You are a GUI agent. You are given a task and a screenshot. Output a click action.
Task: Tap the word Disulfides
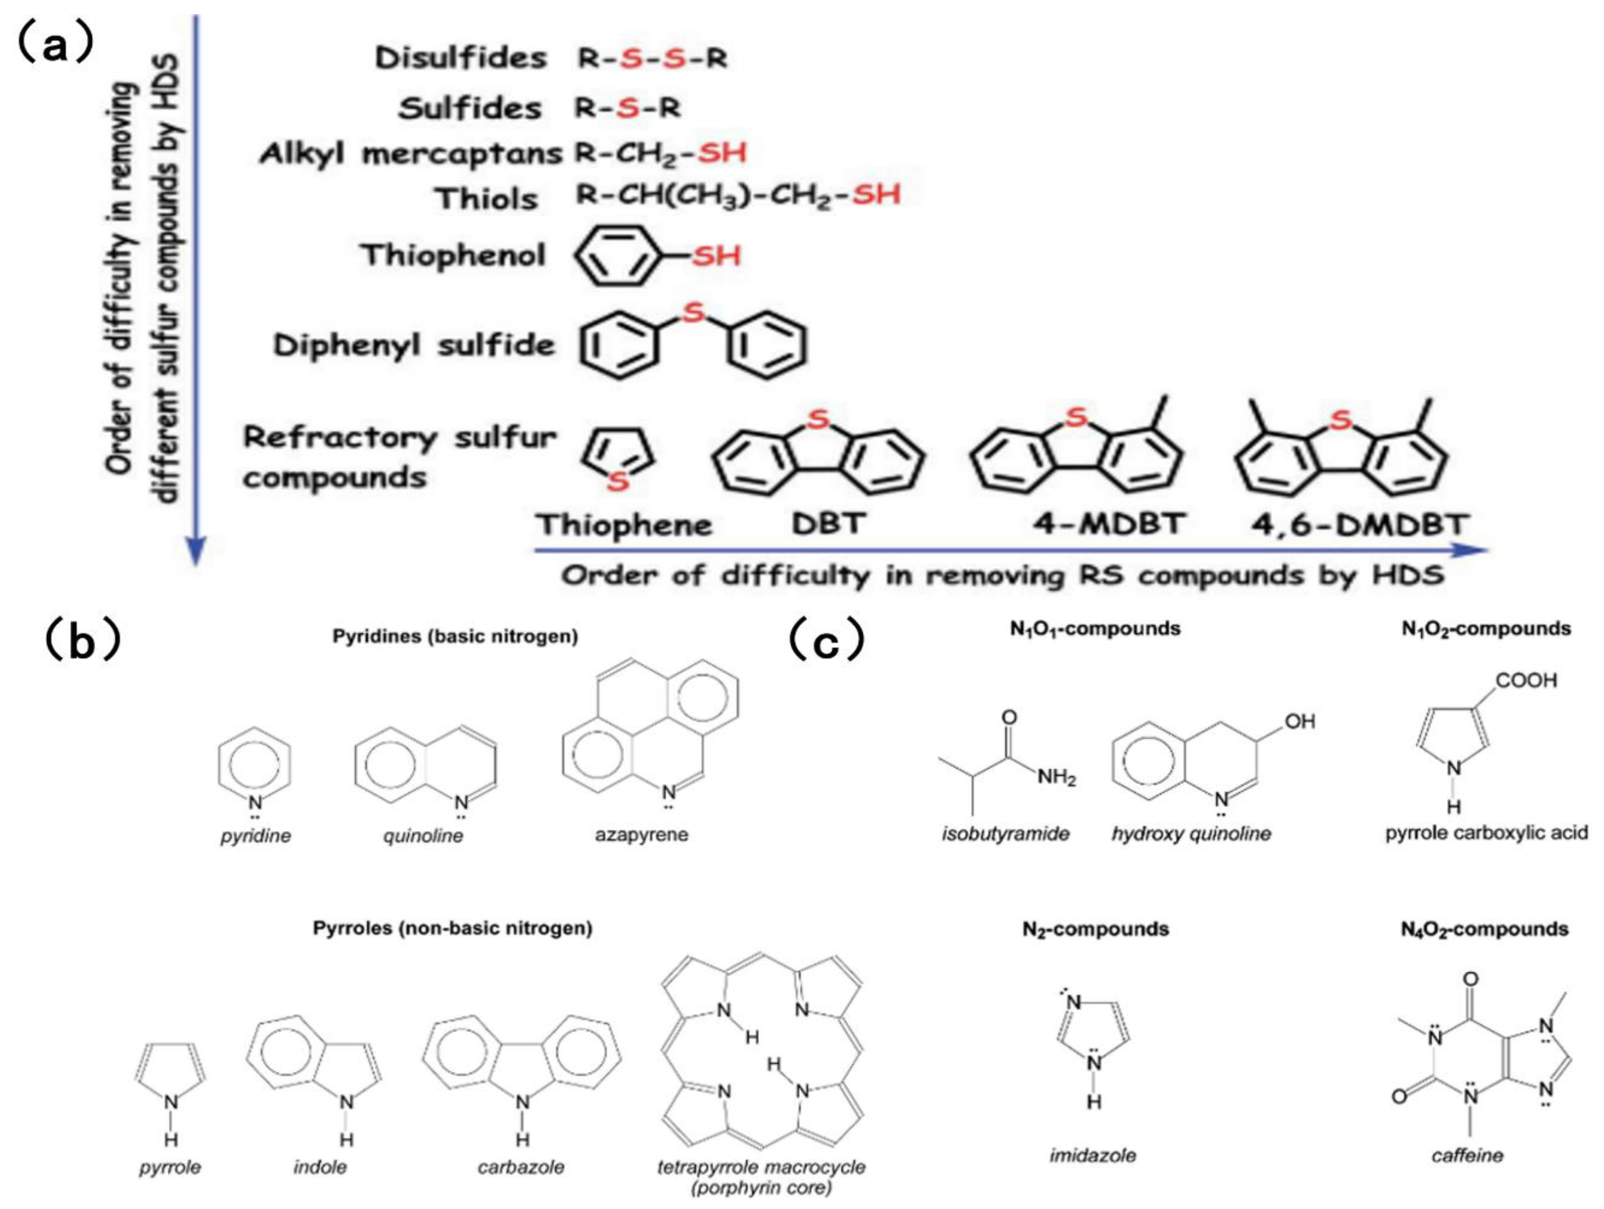point(461,58)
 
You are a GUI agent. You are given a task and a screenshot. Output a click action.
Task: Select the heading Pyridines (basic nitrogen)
point(455,636)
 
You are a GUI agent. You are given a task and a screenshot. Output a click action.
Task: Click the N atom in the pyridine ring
point(255,802)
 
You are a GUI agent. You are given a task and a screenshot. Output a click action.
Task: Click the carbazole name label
point(521,1168)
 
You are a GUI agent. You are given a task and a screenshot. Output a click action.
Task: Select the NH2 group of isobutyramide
point(1056,778)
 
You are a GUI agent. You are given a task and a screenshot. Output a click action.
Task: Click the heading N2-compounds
point(1095,929)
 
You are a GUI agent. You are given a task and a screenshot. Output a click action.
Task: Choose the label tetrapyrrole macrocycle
point(761,1167)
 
